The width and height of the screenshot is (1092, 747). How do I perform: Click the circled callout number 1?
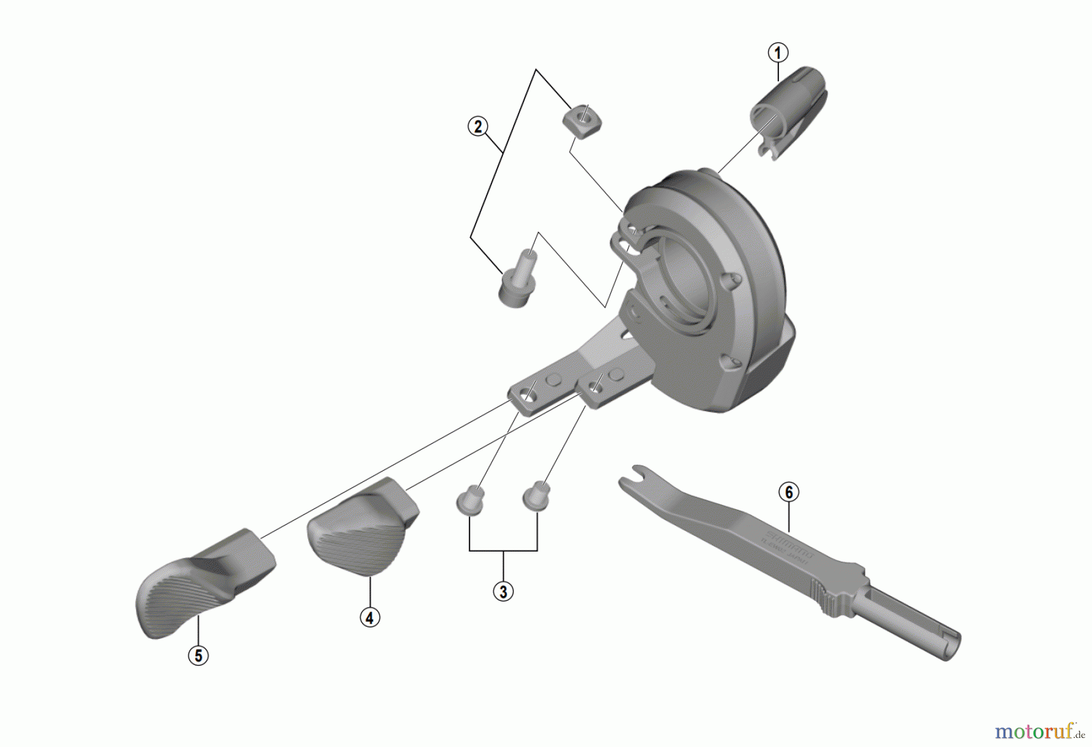pyautogui.click(x=778, y=53)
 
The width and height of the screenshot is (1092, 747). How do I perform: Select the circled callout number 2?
pyautogui.click(x=478, y=127)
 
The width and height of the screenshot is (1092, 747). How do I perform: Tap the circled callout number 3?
pyautogui.click(x=503, y=590)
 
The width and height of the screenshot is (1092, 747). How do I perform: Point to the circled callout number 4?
pyautogui.click(x=369, y=618)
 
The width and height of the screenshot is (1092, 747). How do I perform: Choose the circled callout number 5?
pyautogui.click(x=198, y=655)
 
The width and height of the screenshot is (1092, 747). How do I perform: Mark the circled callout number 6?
pyautogui.click(x=789, y=492)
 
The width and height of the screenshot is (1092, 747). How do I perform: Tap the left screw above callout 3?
pyautogui.click(x=470, y=501)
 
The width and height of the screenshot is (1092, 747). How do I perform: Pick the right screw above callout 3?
pyautogui.click(x=536, y=495)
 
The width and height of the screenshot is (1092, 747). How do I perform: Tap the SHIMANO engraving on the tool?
pyautogui.click(x=789, y=544)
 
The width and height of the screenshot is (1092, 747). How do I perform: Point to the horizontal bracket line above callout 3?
pyautogui.click(x=503, y=550)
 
